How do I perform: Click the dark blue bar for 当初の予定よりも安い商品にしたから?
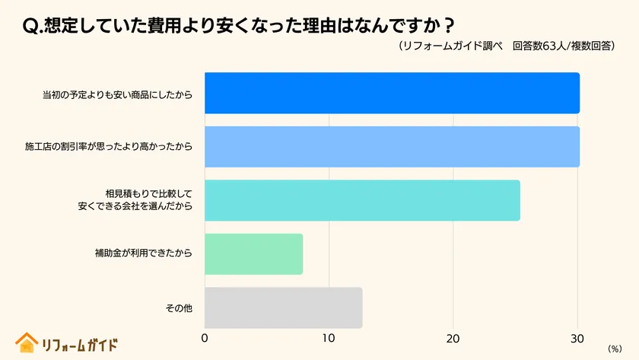click(x=392, y=93)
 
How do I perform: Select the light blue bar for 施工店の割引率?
click(x=392, y=147)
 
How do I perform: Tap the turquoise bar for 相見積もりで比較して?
click(x=362, y=200)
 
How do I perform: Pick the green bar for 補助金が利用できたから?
click(x=254, y=254)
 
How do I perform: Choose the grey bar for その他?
click(x=283, y=307)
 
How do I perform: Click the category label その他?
click(x=179, y=308)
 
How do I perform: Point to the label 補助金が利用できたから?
click(x=138, y=254)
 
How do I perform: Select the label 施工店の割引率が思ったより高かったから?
click(x=109, y=147)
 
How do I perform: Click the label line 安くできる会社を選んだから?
click(x=135, y=206)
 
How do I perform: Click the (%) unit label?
click(x=615, y=348)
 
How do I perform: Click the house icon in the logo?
click(x=27, y=342)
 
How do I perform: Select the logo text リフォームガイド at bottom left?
click(x=80, y=344)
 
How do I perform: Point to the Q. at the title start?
click(x=33, y=24)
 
